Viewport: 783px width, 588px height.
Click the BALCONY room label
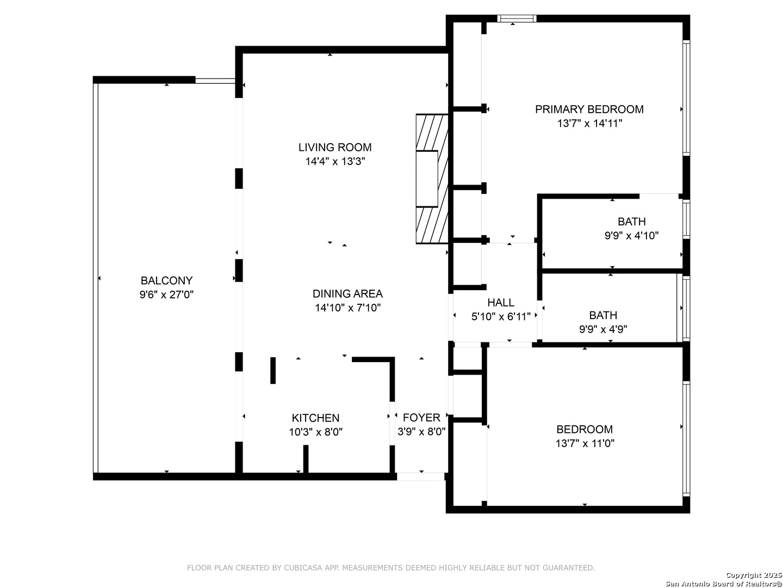point(166,280)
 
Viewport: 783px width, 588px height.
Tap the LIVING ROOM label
point(335,147)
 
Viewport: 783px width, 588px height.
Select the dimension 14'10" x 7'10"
point(348,308)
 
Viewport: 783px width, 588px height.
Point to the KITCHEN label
point(316,418)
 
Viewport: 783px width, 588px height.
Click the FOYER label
point(421,418)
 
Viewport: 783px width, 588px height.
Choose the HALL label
point(501,302)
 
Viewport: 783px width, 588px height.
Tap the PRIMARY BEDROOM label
point(589,109)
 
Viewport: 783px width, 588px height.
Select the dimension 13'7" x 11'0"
point(585,443)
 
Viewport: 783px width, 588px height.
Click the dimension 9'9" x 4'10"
point(631,236)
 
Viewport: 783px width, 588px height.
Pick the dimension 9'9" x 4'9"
point(603,329)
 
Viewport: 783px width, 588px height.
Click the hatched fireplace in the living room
point(432,179)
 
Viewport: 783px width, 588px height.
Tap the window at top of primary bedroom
point(517,19)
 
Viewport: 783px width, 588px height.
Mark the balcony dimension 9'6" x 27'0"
point(166,295)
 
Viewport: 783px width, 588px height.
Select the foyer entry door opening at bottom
point(420,476)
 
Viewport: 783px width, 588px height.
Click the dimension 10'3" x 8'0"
point(316,432)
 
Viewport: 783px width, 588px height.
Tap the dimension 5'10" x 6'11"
point(501,317)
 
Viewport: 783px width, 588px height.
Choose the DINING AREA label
point(348,293)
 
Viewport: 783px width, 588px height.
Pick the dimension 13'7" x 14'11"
point(589,124)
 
